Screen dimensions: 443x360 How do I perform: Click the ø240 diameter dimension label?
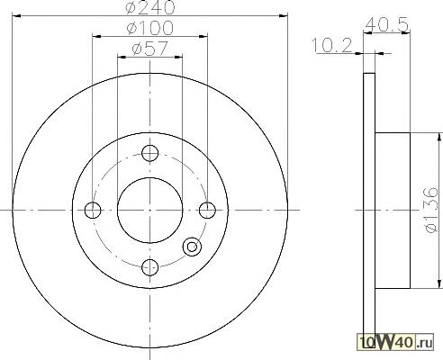coord(150,6)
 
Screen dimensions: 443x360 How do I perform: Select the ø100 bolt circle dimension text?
coord(150,28)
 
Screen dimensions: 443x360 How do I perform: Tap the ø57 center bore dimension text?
coord(149,49)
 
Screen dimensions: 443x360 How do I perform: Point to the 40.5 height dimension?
coord(387,24)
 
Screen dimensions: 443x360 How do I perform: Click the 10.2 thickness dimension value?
coord(332,46)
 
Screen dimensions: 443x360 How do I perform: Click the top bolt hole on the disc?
coord(149,153)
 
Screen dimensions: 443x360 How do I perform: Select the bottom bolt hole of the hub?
coord(149,267)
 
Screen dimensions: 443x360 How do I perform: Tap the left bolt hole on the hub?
coord(93,210)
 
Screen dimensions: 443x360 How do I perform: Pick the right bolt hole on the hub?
coord(207,210)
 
